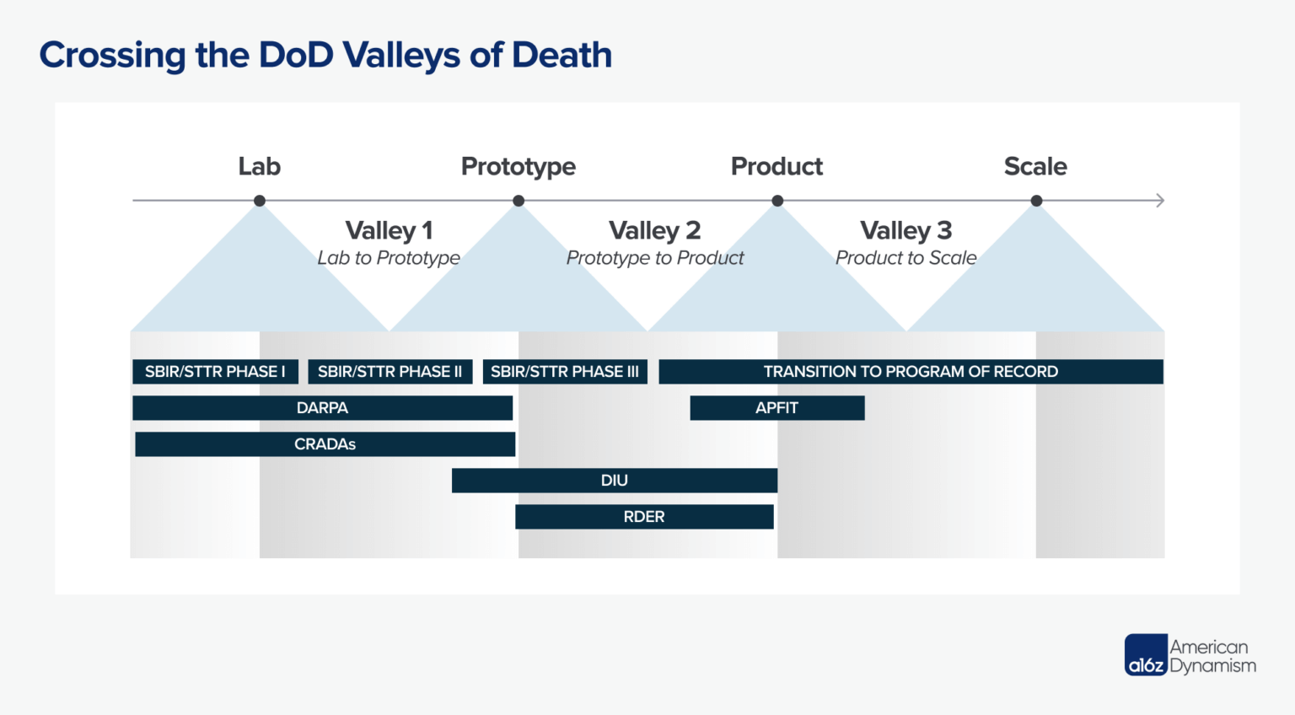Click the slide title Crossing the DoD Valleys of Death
325,56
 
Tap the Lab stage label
259,166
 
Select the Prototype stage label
518,167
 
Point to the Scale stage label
1035,166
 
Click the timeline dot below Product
777,201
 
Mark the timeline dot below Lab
260,201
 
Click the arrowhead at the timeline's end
1160,201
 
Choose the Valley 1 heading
389,230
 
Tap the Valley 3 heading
905,230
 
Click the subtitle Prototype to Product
655,258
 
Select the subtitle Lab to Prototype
389,258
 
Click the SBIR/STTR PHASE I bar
215,372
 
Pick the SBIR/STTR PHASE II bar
390,372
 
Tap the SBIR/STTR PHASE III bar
565,372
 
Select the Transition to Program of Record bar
911,372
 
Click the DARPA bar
322,408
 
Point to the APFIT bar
776,408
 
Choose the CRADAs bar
325,444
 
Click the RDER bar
644,517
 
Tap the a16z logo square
1146,655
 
